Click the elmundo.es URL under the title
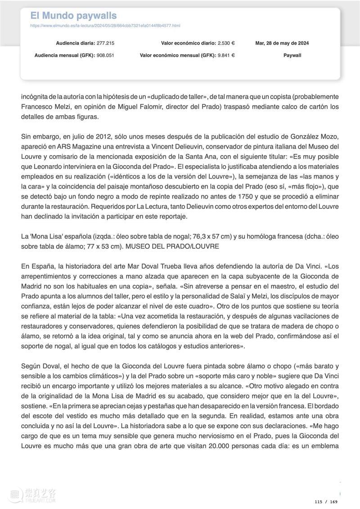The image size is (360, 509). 105,26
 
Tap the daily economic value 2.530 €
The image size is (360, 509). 226,43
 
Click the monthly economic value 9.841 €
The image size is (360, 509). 226,55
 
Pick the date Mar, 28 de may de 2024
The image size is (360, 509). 282,43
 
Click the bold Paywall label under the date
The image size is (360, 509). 292,55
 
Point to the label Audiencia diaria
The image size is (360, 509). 75,43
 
